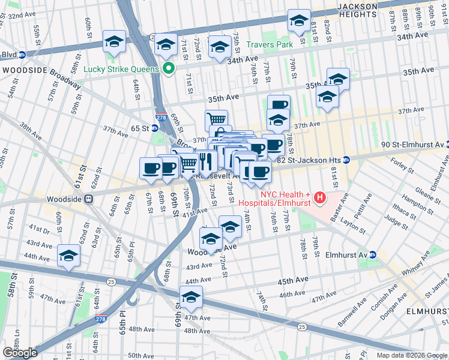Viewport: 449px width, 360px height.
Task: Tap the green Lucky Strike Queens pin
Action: click(x=169, y=68)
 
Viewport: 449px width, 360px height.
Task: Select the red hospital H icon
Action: click(x=320, y=197)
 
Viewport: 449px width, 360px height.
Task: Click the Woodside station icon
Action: click(x=88, y=199)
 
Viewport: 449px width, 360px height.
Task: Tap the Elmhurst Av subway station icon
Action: click(x=373, y=254)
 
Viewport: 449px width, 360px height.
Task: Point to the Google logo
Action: click(x=20, y=353)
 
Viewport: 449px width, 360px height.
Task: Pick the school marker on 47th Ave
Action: click(x=191, y=296)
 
